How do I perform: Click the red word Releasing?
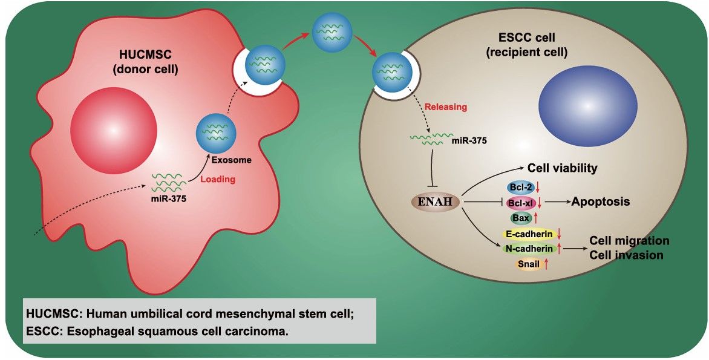445,107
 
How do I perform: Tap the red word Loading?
217,180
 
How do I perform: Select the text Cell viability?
562,168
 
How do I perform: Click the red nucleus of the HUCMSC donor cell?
114,129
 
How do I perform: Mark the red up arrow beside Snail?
547,264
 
